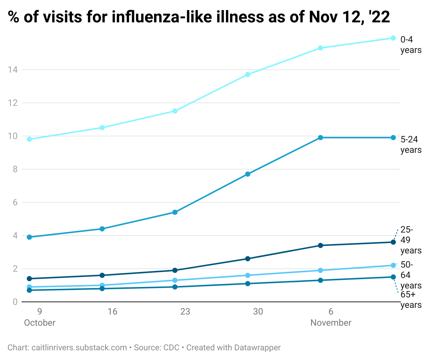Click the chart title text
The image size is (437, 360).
[x=199, y=17]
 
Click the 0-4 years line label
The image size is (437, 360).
[x=411, y=45]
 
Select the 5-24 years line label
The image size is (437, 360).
[x=411, y=145]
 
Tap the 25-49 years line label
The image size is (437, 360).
[x=411, y=240]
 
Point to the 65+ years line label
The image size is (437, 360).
[x=411, y=300]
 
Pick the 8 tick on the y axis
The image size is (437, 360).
[x=15, y=169]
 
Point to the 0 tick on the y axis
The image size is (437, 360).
[x=15, y=302]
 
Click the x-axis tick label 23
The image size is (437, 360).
[x=185, y=312]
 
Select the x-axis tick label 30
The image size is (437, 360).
[x=258, y=312]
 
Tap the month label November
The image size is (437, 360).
[x=331, y=323]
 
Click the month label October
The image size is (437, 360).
[x=40, y=323]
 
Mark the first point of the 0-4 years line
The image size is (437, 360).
[x=29, y=139]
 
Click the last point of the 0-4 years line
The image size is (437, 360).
[x=393, y=38]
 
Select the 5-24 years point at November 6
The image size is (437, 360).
[x=320, y=138]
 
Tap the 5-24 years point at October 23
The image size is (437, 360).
[x=175, y=212]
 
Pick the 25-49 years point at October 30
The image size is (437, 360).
[x=248, y=259]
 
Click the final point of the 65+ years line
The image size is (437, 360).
[x=393, y=277]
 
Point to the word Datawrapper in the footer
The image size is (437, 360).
[x=257, y=348]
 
